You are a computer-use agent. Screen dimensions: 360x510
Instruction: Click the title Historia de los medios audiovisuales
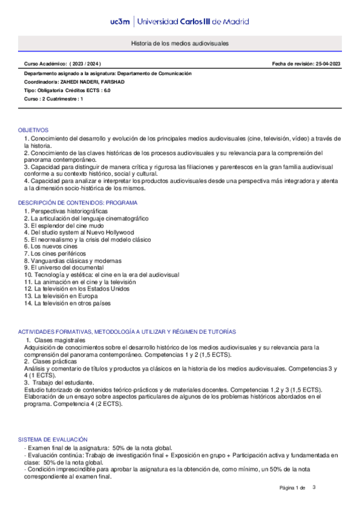pyautogui.click(x=180, y=45)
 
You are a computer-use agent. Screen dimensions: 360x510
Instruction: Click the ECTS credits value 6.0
pyautogui.click(x=106, y=90)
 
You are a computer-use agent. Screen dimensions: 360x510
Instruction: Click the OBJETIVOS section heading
pyautogui.click(x=33, y=130)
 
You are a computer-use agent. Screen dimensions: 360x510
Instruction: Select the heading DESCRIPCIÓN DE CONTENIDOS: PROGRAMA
pyautogui.click(x=78, y=203)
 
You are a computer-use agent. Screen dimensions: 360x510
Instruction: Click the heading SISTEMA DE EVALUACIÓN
pyautogui.click(x=52, y=440)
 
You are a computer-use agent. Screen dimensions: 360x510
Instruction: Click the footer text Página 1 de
pyautogui.click(x=293, y=488)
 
